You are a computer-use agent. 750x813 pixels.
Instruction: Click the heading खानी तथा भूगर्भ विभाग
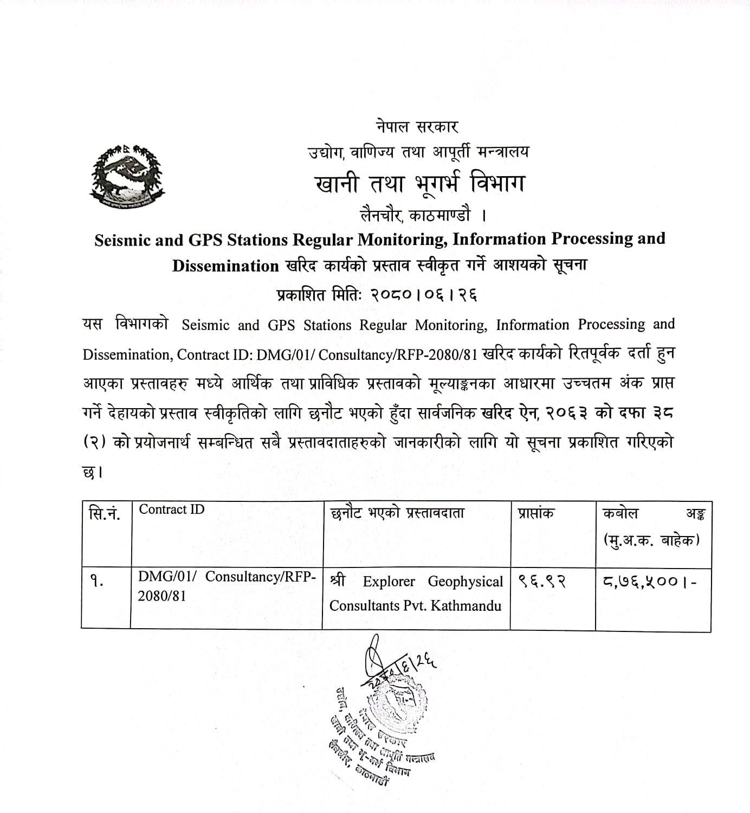tap(419, 184)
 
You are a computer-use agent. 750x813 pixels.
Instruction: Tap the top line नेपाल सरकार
tap(417, 127)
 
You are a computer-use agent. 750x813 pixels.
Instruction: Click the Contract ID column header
tap(172, 509)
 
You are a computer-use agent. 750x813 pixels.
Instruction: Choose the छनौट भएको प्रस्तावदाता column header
tap(397, 513)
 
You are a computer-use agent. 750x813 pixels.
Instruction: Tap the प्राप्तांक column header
tap(535, 513)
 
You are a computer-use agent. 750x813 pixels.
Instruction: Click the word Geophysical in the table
tap(465, 582)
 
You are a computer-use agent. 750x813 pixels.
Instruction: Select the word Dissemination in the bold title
tap(225, 266)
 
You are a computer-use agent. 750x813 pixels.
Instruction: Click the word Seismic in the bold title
tap(122, 240)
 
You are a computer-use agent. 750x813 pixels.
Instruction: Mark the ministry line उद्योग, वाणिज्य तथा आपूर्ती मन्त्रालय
tap(417, 152)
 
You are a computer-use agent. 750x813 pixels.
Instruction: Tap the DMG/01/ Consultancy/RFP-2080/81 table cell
tap(227, 585)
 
